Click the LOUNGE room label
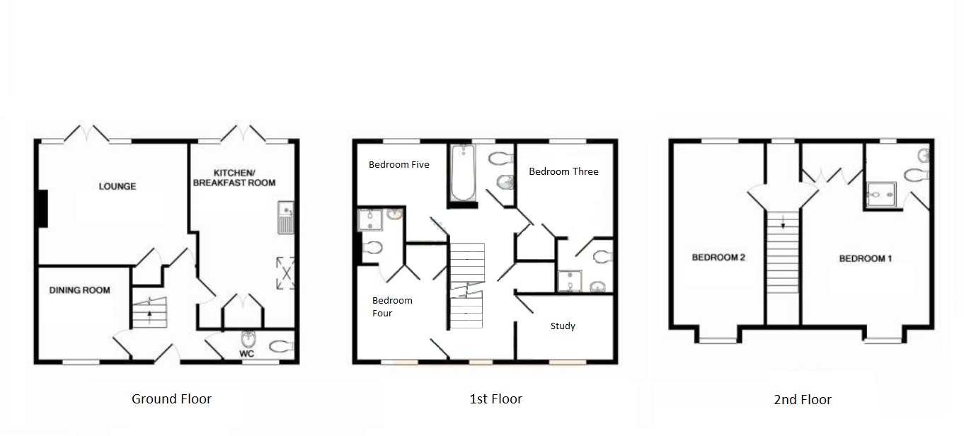[117, 186]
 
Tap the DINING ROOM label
[79, 290]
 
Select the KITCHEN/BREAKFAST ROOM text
[234, 178]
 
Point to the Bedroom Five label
[398, 164]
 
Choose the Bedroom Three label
[563, 171]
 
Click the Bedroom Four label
[392, 306]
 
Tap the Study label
[563, 326]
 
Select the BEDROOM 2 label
[718, 258]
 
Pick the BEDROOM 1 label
[865, 258]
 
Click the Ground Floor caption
[171, 399]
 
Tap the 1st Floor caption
[495, 399]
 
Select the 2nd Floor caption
[802, 400]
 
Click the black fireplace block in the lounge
[42, 209]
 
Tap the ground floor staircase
[150, 312]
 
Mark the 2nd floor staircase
[782, 252]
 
